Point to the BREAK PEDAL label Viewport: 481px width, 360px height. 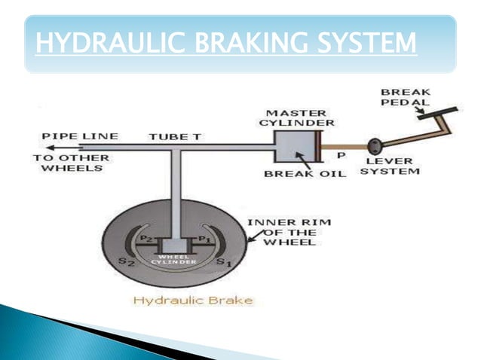click(x=404, y=97)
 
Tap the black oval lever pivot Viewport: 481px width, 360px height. click(x=374, y=145)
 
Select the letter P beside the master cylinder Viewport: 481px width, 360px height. click(x=340, y=156)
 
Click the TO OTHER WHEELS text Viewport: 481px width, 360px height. click(x=70, y=163)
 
